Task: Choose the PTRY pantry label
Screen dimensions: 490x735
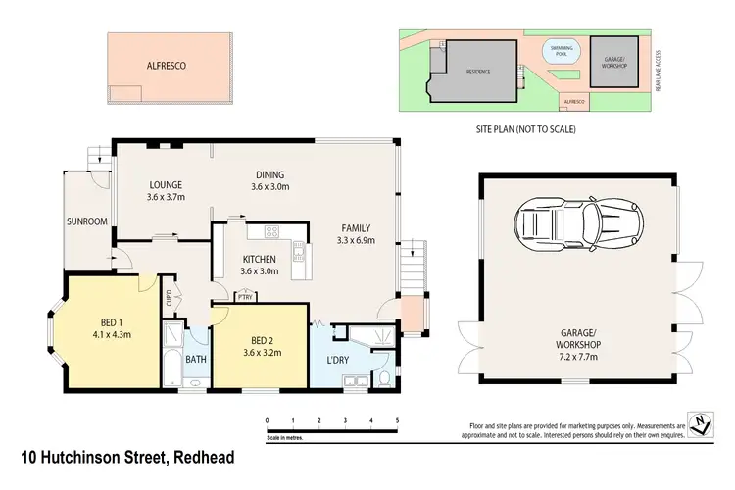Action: pyautogui.click(x=245, y=296)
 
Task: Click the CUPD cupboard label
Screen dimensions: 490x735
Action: pyautogui.click(x=168, y=296)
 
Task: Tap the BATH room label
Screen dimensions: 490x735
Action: pyautogui.click(x=195, y=360)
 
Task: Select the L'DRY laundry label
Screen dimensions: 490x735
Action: pyautogui.click(x=337, y=360)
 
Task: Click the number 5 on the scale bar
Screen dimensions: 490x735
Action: pyautogui.click(x=397, y=419)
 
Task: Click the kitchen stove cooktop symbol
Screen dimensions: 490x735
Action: pyautogui.click(x=271, y=232)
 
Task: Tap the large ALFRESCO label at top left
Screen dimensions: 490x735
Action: pyautogui.click(x=166, y=67)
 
